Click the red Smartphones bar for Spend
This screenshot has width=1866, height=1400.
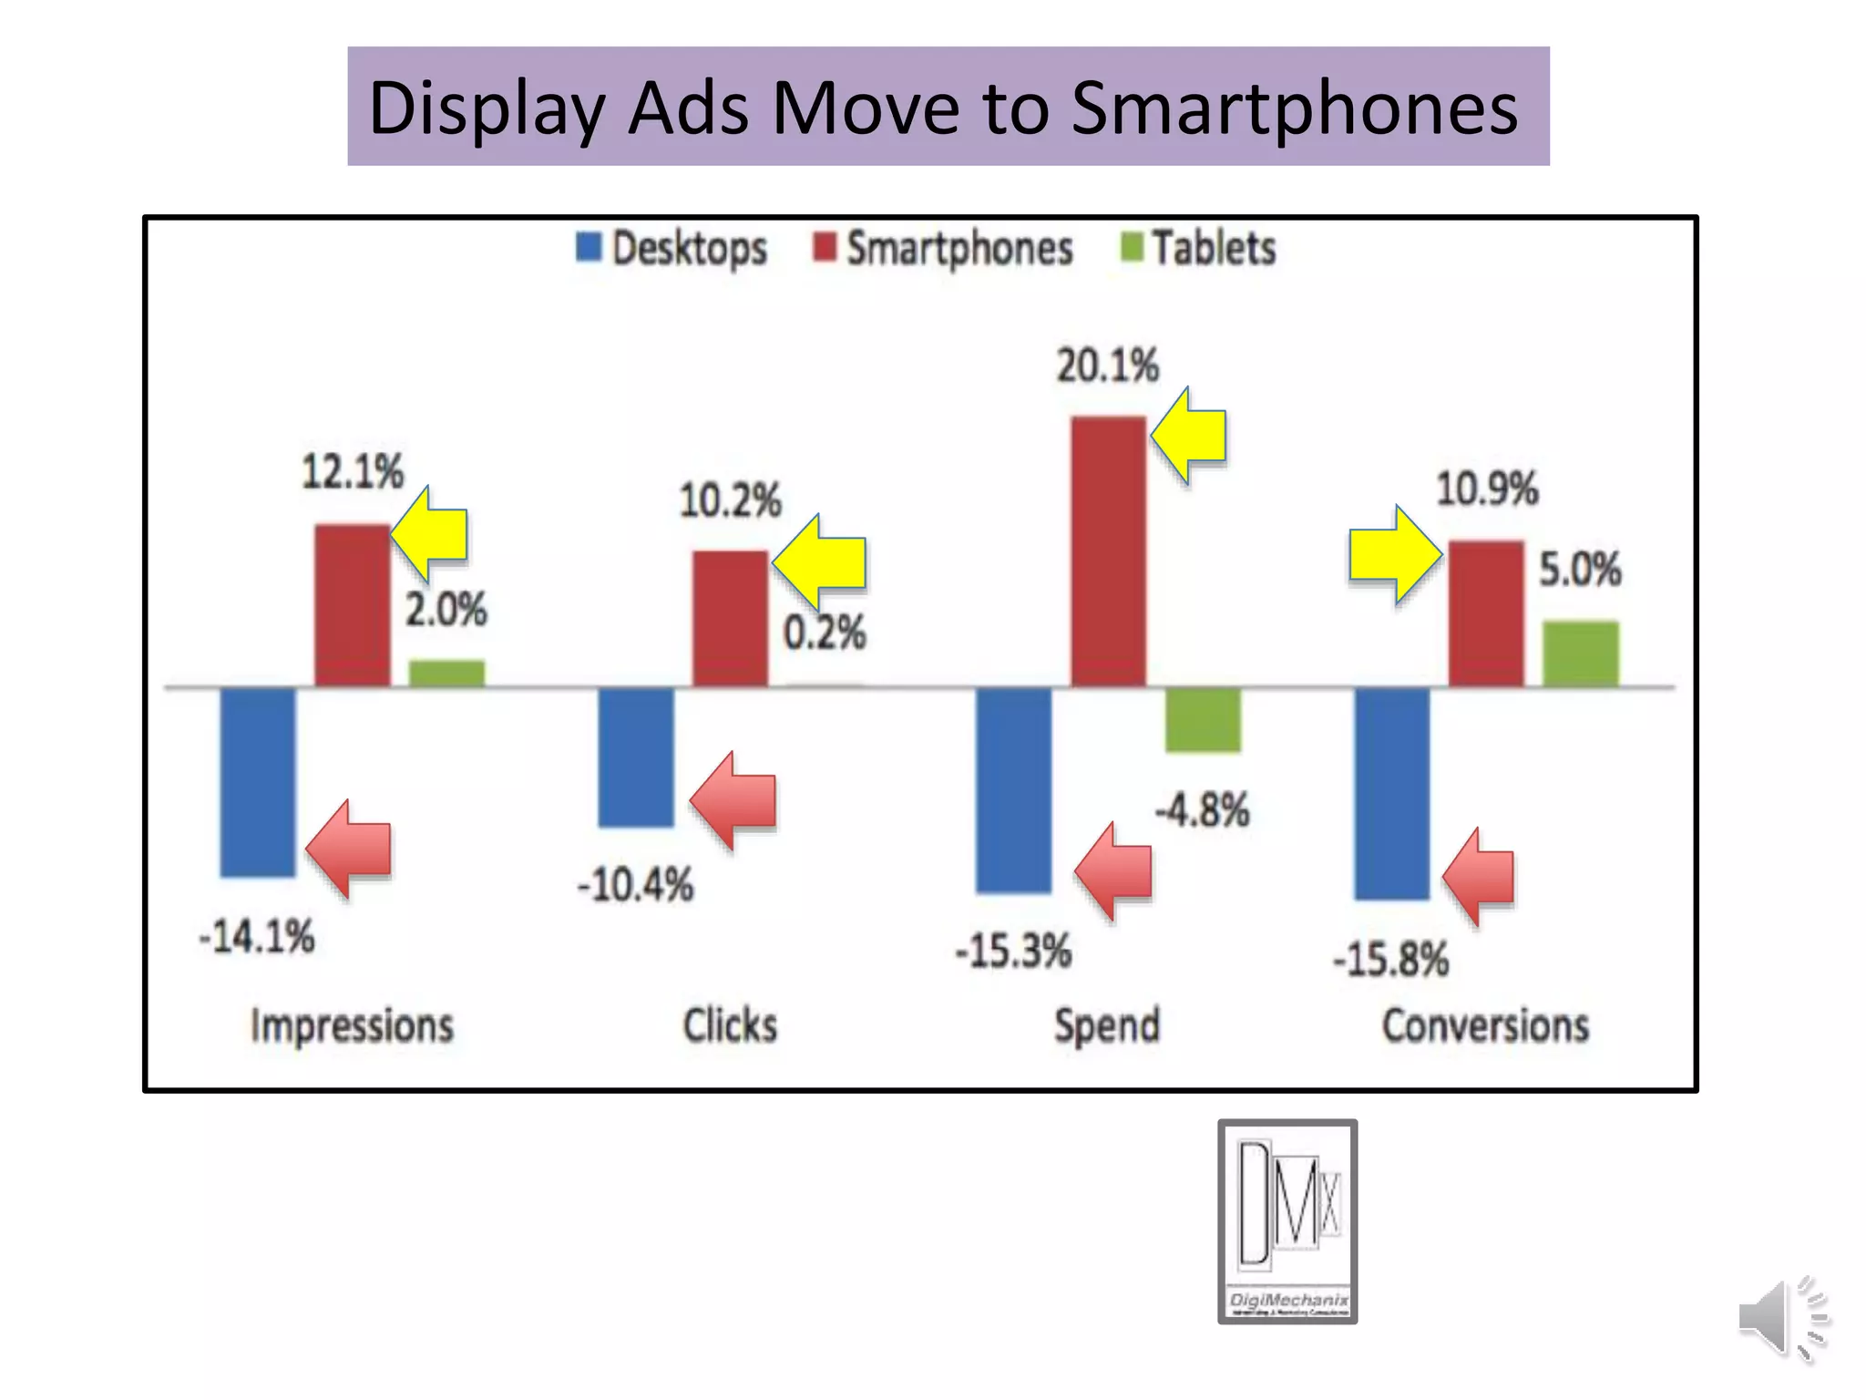tap(1108, 551)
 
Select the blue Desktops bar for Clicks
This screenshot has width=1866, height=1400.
tap(636, 757)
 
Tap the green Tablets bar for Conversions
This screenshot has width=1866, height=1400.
tap(1580, 654)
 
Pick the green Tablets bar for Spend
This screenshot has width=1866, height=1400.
tap(1203, 720)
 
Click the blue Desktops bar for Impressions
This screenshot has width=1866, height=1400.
tap(258, 782)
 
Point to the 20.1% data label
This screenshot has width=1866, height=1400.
tap(1108, 366)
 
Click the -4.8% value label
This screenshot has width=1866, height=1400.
tap(1203, 809)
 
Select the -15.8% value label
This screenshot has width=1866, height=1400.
tap(1391, 960)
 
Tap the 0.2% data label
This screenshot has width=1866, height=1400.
tap(825, 633)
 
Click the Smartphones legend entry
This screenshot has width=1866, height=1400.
tap(944, 248)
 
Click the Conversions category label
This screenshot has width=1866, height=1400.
tap(1485, 1025)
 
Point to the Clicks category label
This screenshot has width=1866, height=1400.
tap(730, 1025)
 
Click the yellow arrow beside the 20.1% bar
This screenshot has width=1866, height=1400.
tap(1190, 436)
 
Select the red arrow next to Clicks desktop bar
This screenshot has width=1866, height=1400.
tap(734, 800)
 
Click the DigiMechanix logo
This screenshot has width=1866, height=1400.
tap(1287, 1221)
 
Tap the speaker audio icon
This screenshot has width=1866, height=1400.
tap(1781, 1318)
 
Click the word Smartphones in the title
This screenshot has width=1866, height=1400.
tap(1294, 108)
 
